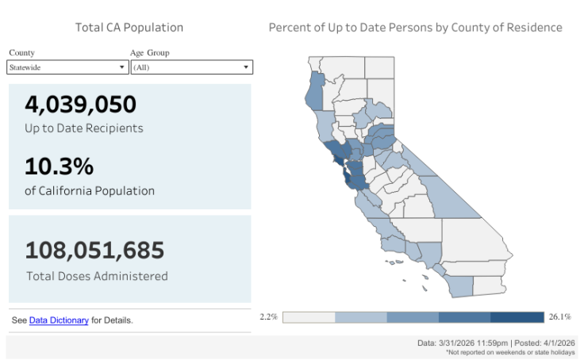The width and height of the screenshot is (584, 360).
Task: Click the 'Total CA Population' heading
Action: click(x=129, y=28)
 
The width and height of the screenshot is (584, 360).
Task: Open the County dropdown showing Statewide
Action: click(x=67, y=68)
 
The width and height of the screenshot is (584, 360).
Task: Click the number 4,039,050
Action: click(x=80, y=105)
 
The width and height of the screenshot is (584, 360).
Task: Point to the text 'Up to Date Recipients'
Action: click(x=83, y=128)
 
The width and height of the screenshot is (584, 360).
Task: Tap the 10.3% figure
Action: click(x=60, y=167)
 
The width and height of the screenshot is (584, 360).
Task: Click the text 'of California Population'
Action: click(x=89, y=190)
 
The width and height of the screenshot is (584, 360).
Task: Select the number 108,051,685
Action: click(x=94, y=251)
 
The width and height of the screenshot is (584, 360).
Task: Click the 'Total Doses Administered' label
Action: click(x=97, y=276)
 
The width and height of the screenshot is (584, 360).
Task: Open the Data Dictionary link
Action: click(x=59, y=320)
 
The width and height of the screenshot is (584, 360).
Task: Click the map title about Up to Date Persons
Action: click(x=415, y=28)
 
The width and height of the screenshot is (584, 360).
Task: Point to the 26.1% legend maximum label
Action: click(x=559, y=317)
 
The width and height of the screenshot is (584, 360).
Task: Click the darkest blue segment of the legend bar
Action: click(x=517, y=317)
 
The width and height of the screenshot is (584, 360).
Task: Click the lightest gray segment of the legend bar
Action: click(x=309, y=317)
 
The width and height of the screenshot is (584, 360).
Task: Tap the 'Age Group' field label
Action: click(x=150, y=53)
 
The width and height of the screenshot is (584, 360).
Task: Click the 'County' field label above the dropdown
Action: click(x=21, y=53)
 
